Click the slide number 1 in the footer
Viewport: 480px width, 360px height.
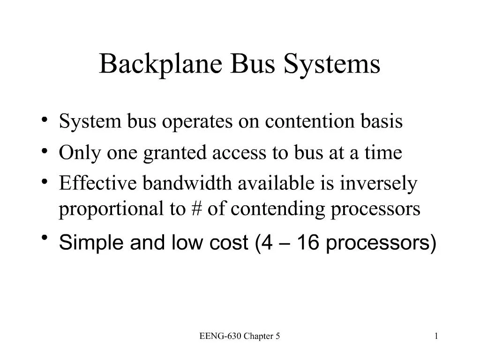click(x=436, y=336)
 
